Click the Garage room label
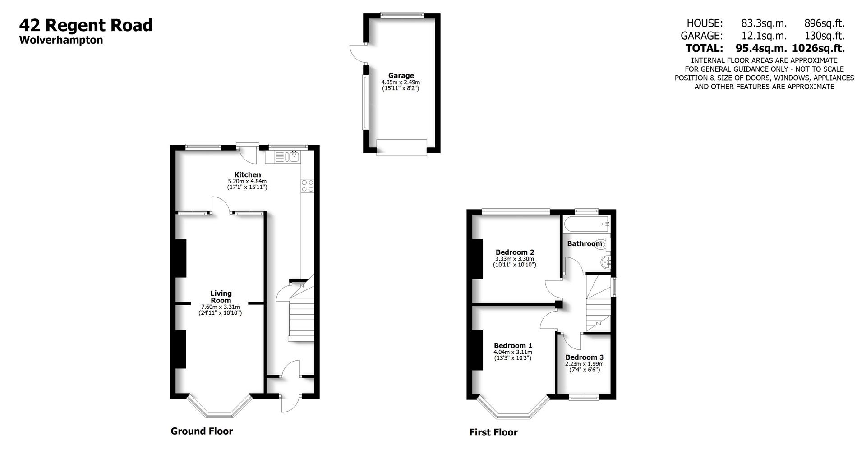tap(401, 76)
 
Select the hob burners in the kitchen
tap(308, 185)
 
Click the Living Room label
tap(221, 297)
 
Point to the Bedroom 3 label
tap(584, 357)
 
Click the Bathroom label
tap(584, 243)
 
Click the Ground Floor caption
tap(202, 431)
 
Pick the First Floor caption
tap(493, 432)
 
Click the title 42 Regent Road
tap(86, 25)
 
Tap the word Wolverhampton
tap(61, 40)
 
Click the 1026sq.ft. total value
tap(818, 48)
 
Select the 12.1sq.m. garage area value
tap(764, 36)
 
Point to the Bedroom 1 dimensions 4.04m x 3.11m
tap(512, 352)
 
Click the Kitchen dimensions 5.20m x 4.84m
tap(247, 181)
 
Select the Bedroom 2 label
tap(515, 252)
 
